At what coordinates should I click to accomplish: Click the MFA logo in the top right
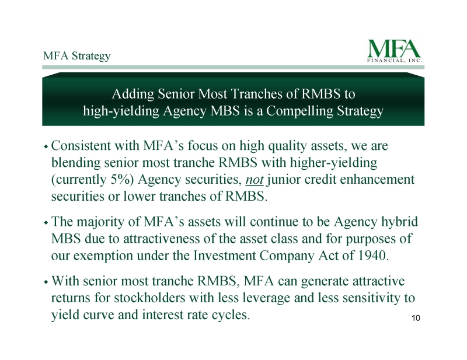(x=395, y=51)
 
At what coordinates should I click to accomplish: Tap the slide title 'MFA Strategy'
(x=77, y=56)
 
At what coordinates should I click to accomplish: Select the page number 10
(x=416, y=318)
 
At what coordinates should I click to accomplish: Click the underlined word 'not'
(x=255, y=180)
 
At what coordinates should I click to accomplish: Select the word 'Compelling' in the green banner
(x=299, y=111)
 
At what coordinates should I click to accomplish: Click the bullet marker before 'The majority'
(x=46, y=222)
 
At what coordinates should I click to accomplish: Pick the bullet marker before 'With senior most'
(x=46, y=282)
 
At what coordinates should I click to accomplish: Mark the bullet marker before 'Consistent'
(x=46, y=146)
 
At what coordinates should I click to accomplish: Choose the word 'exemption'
(x=103, y=256)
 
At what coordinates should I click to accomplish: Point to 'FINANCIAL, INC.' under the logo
(x=395, y=61)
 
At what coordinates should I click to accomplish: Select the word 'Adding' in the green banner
(x=133, y=95)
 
